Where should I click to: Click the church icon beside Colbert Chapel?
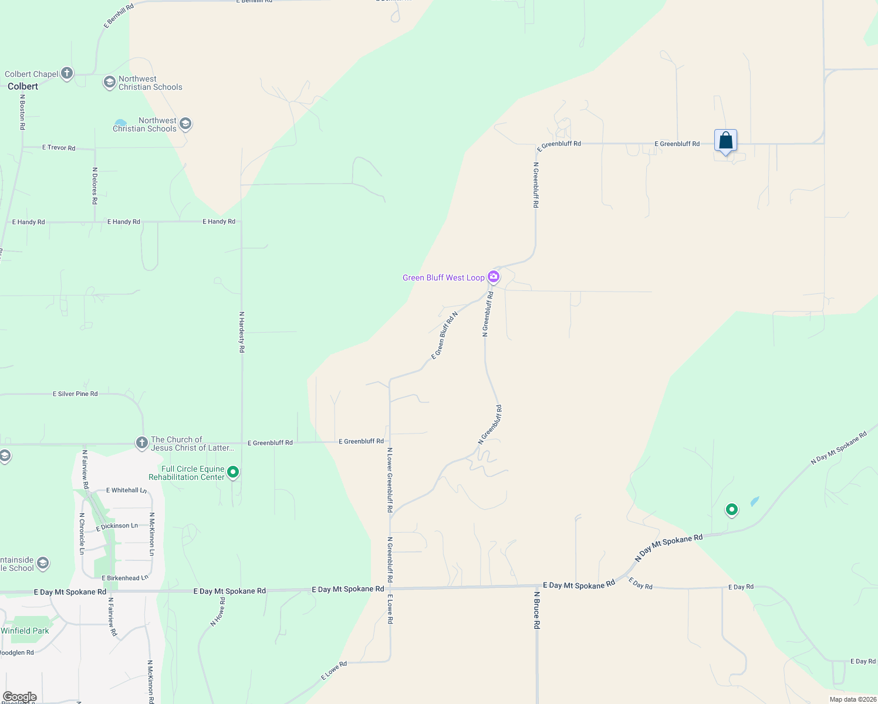[67, 73]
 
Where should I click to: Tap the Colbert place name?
[23, 86]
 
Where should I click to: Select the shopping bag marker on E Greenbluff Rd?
[725, 141]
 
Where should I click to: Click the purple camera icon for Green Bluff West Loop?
[494, 277]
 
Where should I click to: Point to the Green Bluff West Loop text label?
[443, 277]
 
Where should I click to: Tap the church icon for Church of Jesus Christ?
[141, 443]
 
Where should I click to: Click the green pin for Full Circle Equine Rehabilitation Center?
[233, 472]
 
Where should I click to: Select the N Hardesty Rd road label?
[242, 331]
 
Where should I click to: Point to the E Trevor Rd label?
[59, 148]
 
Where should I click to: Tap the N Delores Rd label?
[95, 185]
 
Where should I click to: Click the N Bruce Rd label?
[536, 610]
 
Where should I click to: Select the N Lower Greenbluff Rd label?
[390, 480]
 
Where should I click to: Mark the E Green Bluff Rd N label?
[444, 336]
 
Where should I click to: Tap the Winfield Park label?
[25, 631]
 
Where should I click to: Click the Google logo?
[20, 697]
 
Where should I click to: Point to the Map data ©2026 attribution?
[853, 699]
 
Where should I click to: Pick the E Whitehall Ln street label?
[126, 490]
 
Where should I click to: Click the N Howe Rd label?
[218, 612]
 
